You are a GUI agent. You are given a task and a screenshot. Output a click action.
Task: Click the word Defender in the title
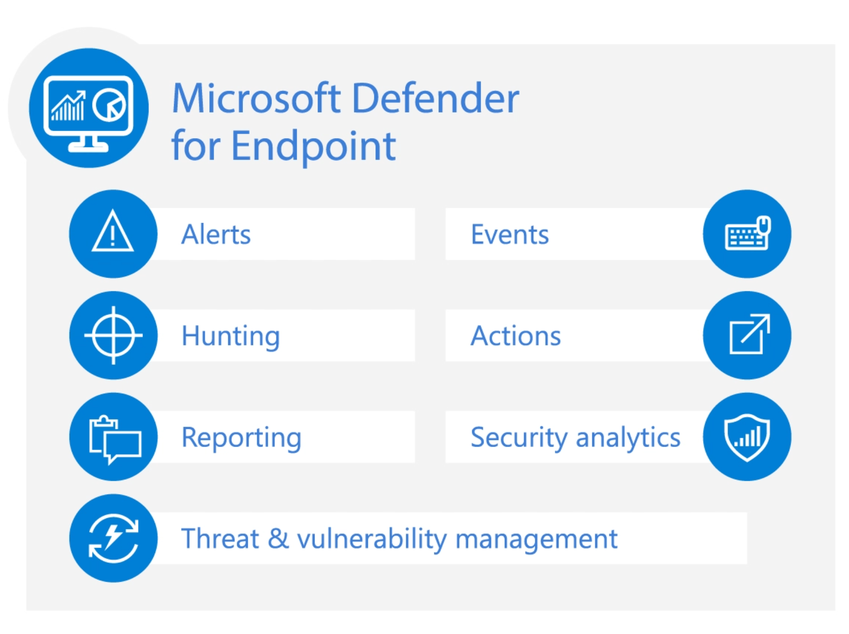coord(436,98)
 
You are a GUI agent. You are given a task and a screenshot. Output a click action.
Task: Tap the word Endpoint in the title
coord(313,146)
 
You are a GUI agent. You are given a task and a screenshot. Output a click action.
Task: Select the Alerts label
coord(216,234)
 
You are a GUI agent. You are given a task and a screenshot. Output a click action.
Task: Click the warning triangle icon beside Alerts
coord(113,233)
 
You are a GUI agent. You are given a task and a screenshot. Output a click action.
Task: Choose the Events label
coord(510,234)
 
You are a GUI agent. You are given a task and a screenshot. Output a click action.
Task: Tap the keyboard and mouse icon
coord(747,233)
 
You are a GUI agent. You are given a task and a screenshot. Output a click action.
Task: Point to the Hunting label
coord(231,336)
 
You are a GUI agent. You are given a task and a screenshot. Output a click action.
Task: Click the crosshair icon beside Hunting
coord(113,335)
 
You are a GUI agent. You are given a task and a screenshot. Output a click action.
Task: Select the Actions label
coord(515,336)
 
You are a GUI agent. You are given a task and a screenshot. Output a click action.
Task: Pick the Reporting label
coord(241,437)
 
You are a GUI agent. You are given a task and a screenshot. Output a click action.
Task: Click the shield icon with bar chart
coord(747,437)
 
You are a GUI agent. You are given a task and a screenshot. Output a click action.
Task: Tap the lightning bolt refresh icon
coord(113,538)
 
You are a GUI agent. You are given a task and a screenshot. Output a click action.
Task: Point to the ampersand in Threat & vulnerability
coord(278,539)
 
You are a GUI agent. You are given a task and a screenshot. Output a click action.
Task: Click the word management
coord(536,540)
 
